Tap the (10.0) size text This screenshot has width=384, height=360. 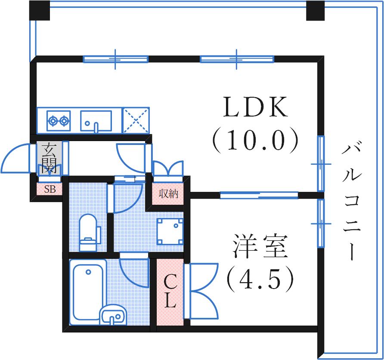coord(254,140)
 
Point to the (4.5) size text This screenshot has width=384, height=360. coord(260,278)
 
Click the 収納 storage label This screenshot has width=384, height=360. coord(168,194)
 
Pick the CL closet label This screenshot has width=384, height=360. coord(170,291)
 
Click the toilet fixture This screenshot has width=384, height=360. coord(89,232)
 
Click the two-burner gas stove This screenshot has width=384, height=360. coord(58,120)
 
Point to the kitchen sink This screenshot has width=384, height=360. coord(96,120)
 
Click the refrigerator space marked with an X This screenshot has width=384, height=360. coord(136,120)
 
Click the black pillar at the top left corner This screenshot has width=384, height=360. coord(39,11)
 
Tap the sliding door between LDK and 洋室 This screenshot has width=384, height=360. coord(259,195)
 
